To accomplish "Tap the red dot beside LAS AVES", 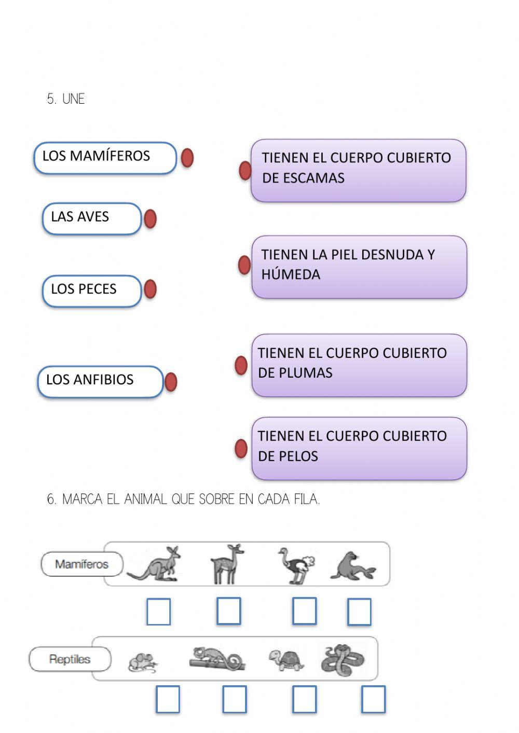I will (150, 219).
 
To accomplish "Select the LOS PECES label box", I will (91, 291).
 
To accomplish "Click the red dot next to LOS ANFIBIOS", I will (170, 382).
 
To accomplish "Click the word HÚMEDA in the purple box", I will (291, 274).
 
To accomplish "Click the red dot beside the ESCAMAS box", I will (245, 170).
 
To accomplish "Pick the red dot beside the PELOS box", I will (241, 449).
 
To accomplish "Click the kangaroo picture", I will (156, 564).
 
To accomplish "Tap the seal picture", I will (352, 566).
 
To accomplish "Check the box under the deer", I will (228, 611).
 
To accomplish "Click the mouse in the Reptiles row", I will (142, 662).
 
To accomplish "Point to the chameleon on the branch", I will (217, 659).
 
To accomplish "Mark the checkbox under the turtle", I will (304, 699).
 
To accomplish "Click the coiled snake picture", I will (342, 660).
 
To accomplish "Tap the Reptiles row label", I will (70, 659).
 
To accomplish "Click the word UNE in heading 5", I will (73, 99).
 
